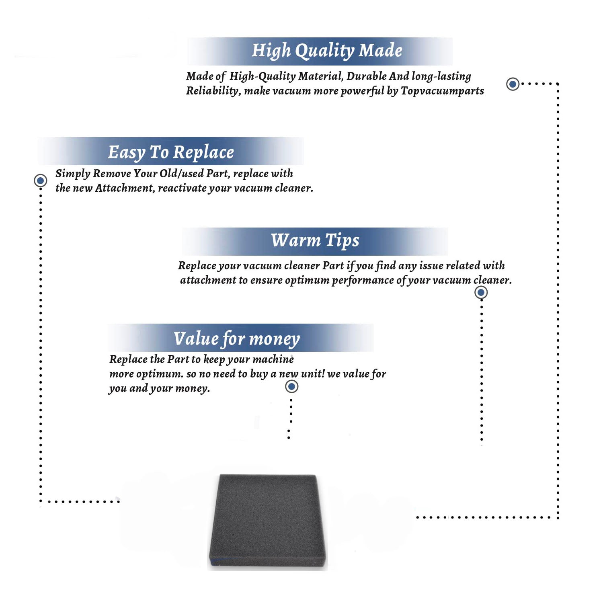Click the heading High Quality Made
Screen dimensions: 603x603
click(327, 51)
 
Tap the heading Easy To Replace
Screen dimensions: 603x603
click(171, 153)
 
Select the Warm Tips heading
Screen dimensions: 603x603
click(315, 241)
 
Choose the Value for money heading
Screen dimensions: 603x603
click(236, 339)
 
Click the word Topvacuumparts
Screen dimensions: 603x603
click(442, 91)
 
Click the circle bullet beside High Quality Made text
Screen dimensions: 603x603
click(513, 84)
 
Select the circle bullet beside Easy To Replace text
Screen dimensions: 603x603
click(40, 180)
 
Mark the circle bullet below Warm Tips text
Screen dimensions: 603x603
click(481, 292)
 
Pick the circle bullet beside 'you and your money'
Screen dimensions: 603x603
click(291, 387)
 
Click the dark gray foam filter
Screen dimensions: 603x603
click(268, 521)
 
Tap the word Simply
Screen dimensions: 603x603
click(73, 174)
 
